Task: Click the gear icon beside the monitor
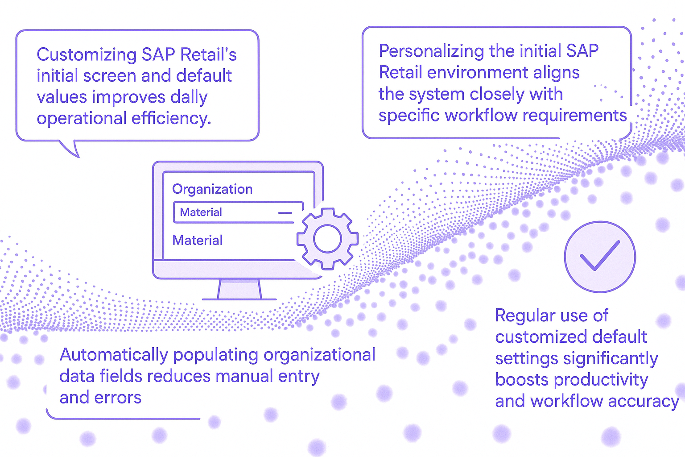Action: (x=327, y=239)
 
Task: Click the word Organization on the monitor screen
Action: (x=212, y=189)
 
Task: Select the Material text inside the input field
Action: (x=201, y=212)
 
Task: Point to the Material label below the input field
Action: (x=197, y=240)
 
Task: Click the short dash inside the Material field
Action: (x=285, y=213)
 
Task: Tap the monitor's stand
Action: (x=239, y=290)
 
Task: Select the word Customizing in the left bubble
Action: (x=87, y=55)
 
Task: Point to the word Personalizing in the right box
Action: (x=432, y=51)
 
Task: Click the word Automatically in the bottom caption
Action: (x=113, y=356)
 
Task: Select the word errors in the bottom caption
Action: (x=118, y=398)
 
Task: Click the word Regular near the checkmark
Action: (x=525, y=316)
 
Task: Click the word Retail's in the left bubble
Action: (x=208, y=54)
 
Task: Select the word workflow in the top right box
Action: (x=481, y=116)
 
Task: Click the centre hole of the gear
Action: (x=327, y=239)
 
